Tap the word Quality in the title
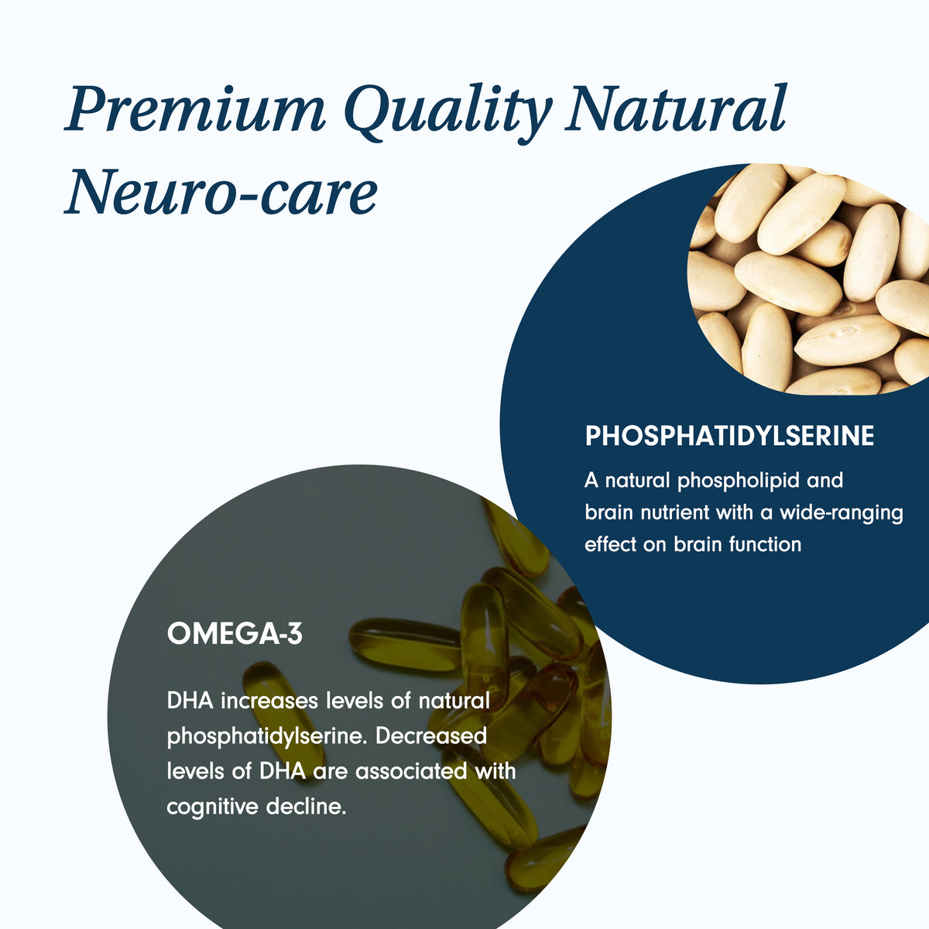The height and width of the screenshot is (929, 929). pyautogui.click(x=444, y=110)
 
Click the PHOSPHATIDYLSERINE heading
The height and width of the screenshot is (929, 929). pyautogui.click(x=729, y=436)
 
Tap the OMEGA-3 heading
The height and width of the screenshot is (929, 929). pyautogui.click(x=235, y=635)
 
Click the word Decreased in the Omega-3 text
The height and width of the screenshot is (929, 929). pyautogui.click(x=431, y=735)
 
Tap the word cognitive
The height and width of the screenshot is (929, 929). pyautogui.click(x=212, y=807)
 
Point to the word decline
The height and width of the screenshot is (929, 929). pyautogui.click(x=306, y=807)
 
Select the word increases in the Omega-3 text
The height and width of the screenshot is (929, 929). pyautogui.click(x=269, y=701)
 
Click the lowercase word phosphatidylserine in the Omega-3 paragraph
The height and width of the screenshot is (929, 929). pyautogui.click(x=265, y=736)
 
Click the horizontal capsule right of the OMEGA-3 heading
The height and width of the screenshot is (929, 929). pyautogui.click(x=403, y=643)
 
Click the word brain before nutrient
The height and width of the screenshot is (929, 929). pyautogui.click(x=608, y=512)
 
